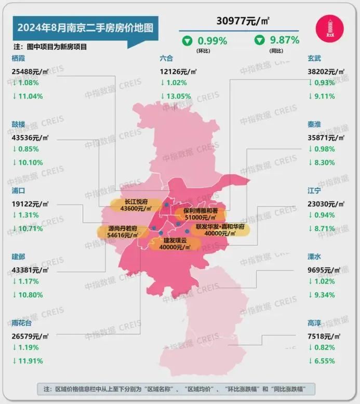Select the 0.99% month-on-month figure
point(211,41)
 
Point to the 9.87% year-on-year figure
point(284,40)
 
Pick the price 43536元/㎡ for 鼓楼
point(30,137)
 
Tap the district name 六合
point(167,59)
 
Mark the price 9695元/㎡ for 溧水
point(325,270)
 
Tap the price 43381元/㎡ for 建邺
point(30,270)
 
